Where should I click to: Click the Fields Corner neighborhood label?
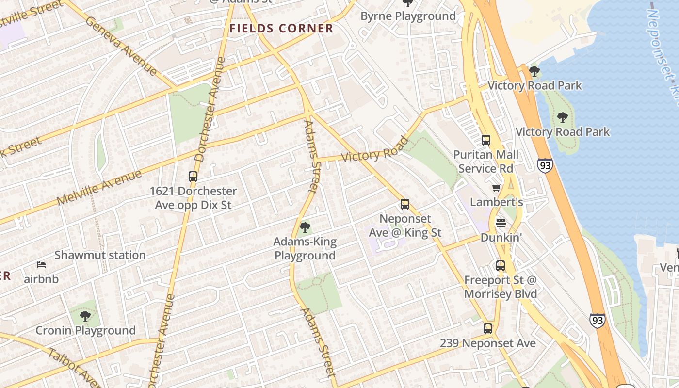(281, 28)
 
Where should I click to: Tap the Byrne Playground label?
(408, 16)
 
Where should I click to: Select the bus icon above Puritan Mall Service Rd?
(486, 140)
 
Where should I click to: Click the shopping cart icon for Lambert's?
(496, 188)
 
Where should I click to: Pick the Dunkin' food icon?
(501, 223)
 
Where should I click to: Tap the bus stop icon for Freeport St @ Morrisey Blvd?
(501, 266)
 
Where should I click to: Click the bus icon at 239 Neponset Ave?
(488, 329)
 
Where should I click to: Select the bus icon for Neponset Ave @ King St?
(405, 204)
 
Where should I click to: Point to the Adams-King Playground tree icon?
(305, 227)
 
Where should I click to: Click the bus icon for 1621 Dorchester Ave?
(193, 177)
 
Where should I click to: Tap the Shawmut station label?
(100, 255)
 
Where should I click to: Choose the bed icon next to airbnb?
(41, 265)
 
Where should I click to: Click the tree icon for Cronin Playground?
(85, 316)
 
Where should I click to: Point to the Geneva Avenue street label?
(121, 46)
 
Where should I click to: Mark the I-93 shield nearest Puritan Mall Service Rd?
(545, 165)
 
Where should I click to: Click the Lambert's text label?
(496, 202)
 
